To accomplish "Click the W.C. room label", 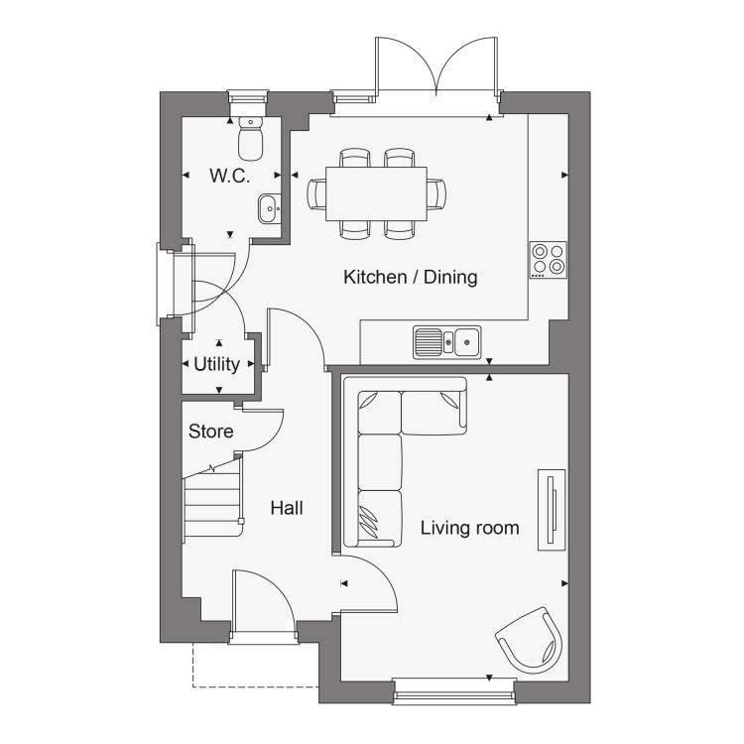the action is click(230, 176).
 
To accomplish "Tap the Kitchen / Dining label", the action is click(411, 277).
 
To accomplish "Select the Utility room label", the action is click(217, 364).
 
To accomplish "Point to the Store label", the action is click(210, 432).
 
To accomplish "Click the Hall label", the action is click(287, 508).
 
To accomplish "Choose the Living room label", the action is click(470, 528).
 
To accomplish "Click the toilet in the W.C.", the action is click(251, 138).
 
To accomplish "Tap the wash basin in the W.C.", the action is click(270, 208).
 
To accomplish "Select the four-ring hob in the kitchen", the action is click(549, 260).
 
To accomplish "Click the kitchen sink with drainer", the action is click(447, 341).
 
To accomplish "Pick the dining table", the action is click(376, 193).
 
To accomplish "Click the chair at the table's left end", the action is click(316, 193).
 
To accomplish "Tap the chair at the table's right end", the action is click(436, 193).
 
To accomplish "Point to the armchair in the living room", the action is click(531, 640).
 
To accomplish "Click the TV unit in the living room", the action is click(552, 510).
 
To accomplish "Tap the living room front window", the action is click(454, 690).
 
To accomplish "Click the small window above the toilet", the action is click(247, 98).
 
